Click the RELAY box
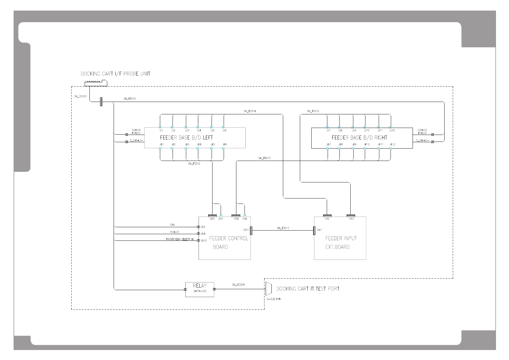pos(199,290)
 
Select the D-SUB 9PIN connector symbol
pos(268,289)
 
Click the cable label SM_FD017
pos(283,228)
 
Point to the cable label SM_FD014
pos(250,111)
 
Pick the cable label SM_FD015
pos(313,111)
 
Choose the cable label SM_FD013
pos(264,158)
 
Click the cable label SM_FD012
pos(194,164)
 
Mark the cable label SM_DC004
pos(238,285)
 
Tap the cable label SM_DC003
pos(80,97)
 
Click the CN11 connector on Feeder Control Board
pos(251,231)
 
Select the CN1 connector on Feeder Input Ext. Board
pos(314,231)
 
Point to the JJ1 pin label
pos(161,130)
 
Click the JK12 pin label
pos(392,145)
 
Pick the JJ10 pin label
pos(366,130)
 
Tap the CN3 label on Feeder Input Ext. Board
pos(351,219)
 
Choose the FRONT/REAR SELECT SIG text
pos(180,239)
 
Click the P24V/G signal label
pos(174,232)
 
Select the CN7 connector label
pos(221,219)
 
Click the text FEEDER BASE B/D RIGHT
pos(359,138)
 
